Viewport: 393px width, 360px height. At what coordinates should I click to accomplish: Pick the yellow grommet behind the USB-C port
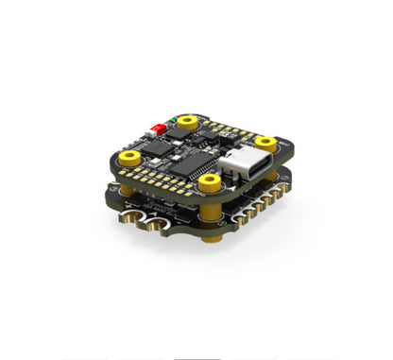[x=265, y=142]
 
